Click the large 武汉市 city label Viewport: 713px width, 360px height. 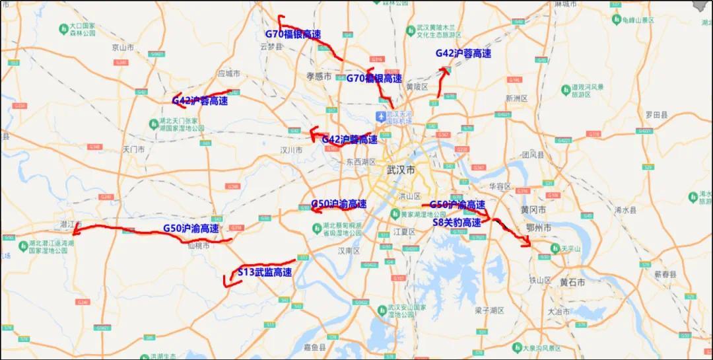click(401, 170)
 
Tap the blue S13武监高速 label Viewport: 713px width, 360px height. click(265, 271)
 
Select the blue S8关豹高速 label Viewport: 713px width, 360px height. click(457, 223)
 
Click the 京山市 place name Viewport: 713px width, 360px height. click(123, 47)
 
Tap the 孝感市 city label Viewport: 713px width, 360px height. click(319, 76)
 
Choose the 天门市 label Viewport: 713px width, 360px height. click(133, 149)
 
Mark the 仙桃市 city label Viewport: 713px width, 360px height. click(199, 245)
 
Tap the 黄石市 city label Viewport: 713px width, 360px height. click(572, 282)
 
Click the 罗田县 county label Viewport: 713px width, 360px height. click(657, 114)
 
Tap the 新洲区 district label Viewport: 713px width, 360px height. click(517, 98)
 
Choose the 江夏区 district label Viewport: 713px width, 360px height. click(403, 232)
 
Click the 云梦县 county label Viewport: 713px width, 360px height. click(271, 47)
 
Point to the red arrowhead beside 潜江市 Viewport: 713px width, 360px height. click(75, 231)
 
